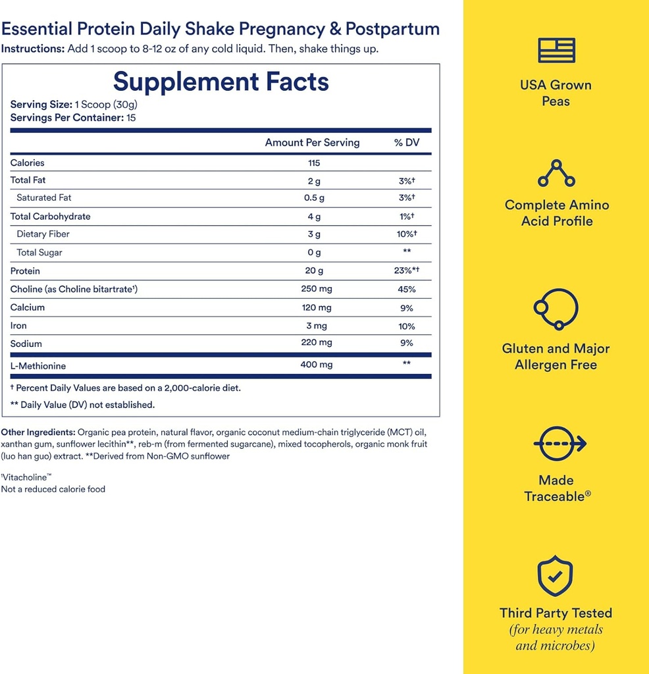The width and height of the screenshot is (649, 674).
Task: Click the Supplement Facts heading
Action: [221, 82]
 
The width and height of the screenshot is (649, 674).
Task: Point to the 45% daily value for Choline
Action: [406, 290]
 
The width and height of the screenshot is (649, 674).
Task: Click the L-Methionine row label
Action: [38, 366]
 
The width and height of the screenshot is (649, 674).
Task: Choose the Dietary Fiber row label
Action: [43, 234]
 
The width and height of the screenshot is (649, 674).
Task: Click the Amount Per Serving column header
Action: [312, 143]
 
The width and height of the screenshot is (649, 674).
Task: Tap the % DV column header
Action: [406, 143]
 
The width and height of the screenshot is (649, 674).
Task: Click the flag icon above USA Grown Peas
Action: [556, 51]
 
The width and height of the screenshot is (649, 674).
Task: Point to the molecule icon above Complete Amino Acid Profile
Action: [556, 172]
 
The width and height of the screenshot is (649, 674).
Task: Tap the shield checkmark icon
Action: [556, 576]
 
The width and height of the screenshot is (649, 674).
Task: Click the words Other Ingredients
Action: [38, 432]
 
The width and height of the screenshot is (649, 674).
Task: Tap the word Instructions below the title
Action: [32, 49]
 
